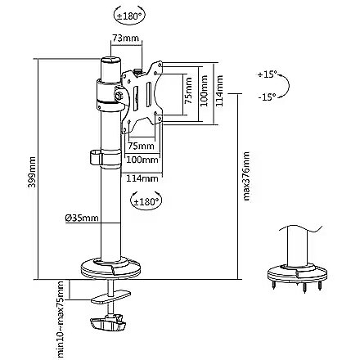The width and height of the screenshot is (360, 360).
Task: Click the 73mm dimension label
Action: click(126, 38)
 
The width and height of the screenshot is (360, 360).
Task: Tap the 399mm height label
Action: click(32, 172)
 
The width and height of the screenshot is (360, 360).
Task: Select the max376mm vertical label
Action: click(246, 177)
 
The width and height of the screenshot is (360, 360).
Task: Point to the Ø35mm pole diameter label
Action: click(82, 218)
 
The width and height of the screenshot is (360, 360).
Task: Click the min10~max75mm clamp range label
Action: click(60, 319)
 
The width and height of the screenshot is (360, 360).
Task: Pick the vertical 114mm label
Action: click(219, 91)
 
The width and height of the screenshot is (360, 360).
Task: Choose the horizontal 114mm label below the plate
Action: click(142, 178)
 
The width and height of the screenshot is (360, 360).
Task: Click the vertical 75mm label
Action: click(188, 91)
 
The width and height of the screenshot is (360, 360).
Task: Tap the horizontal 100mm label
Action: click(142, 160)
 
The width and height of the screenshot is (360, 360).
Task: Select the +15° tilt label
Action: click(268, 74)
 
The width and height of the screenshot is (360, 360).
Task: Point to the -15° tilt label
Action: click(267, 97)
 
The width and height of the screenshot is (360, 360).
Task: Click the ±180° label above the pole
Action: click(129, 16)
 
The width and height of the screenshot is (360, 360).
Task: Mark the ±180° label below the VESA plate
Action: click(146, 202)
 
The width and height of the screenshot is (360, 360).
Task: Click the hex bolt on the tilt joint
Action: click(119, 96)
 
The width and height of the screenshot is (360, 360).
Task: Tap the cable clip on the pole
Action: click(105, 159)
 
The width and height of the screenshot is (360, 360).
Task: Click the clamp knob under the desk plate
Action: click(108, 323)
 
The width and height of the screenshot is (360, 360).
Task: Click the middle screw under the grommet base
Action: click(304, 288)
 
